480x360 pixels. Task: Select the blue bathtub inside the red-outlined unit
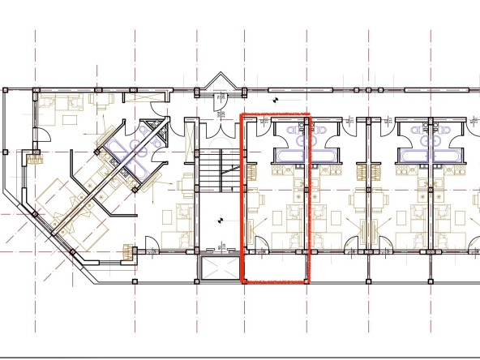[x=290, y=153]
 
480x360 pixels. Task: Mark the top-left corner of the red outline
[x=243, y=115]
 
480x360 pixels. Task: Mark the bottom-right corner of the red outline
[x=310, y=282]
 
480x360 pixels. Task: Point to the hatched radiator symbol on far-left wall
[x=35, y=158]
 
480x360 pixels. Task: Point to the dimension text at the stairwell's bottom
[x=221, y=245]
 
